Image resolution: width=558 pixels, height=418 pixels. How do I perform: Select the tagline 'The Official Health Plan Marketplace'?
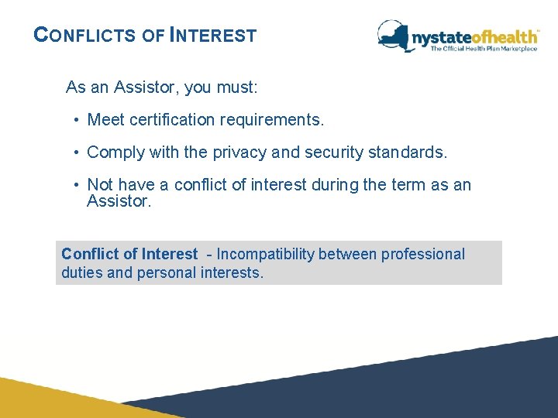click(484, 49)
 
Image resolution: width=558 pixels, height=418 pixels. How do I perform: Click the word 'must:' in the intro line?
click(237, 87)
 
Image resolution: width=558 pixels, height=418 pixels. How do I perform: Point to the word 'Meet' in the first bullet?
click(105, 120)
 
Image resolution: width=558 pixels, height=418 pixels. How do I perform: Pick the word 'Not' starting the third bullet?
click(100, 185)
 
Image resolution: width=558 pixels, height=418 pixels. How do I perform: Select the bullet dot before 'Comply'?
click(78, 152)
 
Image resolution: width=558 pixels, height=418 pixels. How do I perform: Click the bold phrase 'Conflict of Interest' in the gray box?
click(129, 254)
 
